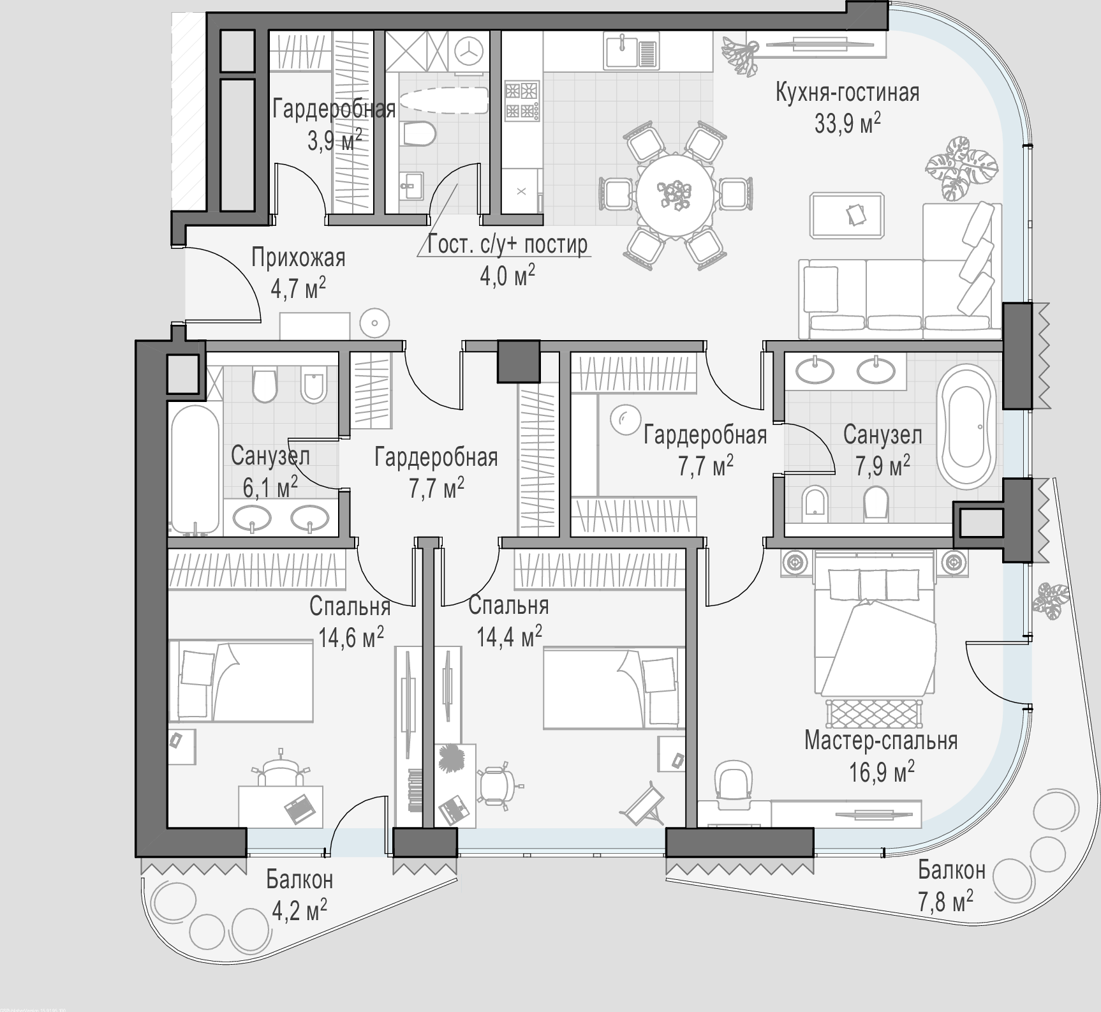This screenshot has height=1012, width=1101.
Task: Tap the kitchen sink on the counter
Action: tap(630, 51)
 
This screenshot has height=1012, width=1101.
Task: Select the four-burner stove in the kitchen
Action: tap(522, 100)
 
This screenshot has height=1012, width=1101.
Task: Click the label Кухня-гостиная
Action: tap(847, 93)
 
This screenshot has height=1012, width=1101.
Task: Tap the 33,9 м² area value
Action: tap(847, 123)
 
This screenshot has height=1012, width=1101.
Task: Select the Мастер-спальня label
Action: tap(881, 741)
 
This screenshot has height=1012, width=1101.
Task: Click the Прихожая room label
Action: tap(298, 258)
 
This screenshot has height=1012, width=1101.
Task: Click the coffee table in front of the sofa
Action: tap(847, 215)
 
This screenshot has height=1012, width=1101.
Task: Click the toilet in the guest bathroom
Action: tap(419, 132)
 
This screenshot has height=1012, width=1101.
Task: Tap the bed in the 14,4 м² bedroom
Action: tap(614, 687)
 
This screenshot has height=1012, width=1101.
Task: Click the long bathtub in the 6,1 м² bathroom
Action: tap(195, 470)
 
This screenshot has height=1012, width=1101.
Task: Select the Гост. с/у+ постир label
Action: tap(508, 244)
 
